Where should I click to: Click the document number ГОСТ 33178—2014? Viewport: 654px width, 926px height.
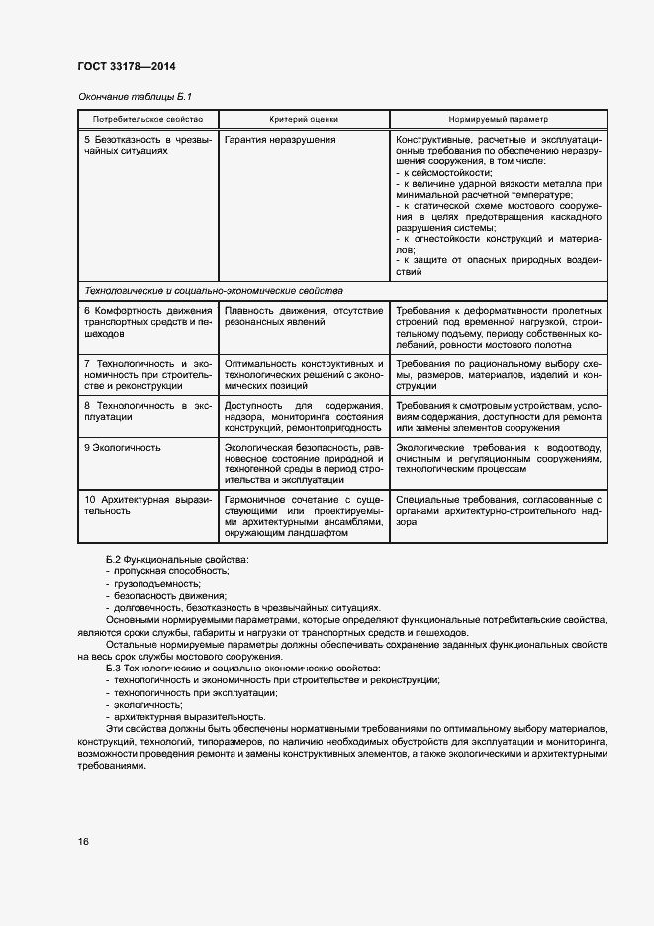pyautogui.click(x=126, y=67)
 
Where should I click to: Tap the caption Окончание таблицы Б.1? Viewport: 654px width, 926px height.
pyautogui.click(x=134, y=96)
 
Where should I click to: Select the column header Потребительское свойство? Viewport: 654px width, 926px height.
pyautogui.click(x=145, y=118)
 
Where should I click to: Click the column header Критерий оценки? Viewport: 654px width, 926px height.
pyautogui.click(x=301, y=118)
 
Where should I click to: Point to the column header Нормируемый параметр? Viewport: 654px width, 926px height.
pyautogui.click(x=497, y=118)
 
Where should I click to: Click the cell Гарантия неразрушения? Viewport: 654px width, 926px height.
pyautogui.click(x=280, y=140)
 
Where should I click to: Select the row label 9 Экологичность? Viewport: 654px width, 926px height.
pyautogui.click(x=122, y=448)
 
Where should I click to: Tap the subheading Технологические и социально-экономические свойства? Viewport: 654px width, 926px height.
pyautogui.click(x=214, y=291)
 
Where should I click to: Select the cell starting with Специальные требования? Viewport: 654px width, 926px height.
pyautogui.click(x=497, y=506)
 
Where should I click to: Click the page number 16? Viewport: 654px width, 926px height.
pyautogui.click(x=83, y=842)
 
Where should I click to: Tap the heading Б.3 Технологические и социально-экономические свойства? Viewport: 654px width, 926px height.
pyautogui.click(x=242, y=669)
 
